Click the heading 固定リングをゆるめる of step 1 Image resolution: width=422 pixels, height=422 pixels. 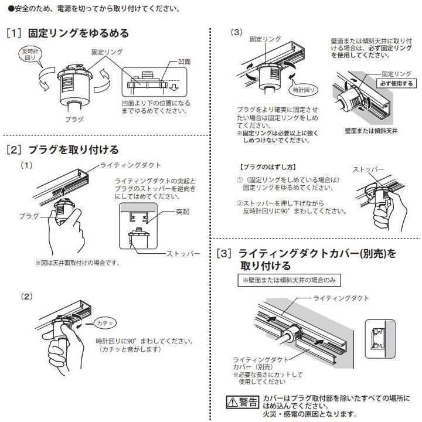[x=78, y=33]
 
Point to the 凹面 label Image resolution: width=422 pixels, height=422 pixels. [x=183, y=61]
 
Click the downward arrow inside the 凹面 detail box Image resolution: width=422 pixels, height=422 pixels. [x=173, y=88]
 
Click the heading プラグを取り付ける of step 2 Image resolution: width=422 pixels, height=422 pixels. [x=73, y=149]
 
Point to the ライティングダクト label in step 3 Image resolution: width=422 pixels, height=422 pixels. [x=342, y=298]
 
